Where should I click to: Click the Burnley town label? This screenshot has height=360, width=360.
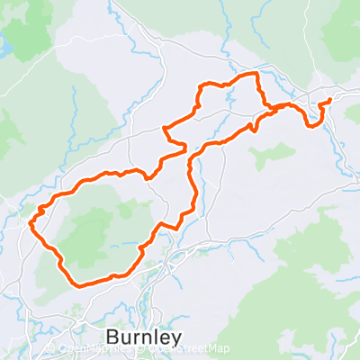(x=143, y=337)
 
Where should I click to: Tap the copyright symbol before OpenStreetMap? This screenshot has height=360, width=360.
(x=146, y=349)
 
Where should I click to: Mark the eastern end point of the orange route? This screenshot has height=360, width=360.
(x=330, y=99)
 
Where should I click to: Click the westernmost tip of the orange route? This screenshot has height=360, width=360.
(x=32, y=220)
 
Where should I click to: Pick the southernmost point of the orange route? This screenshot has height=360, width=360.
(x=81, y=285)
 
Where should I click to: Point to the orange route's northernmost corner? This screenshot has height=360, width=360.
(x=255, y=72)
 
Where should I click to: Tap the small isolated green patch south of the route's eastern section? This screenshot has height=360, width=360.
(x=263, y=155)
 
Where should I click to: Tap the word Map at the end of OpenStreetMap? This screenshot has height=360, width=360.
(x=219, y=349)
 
